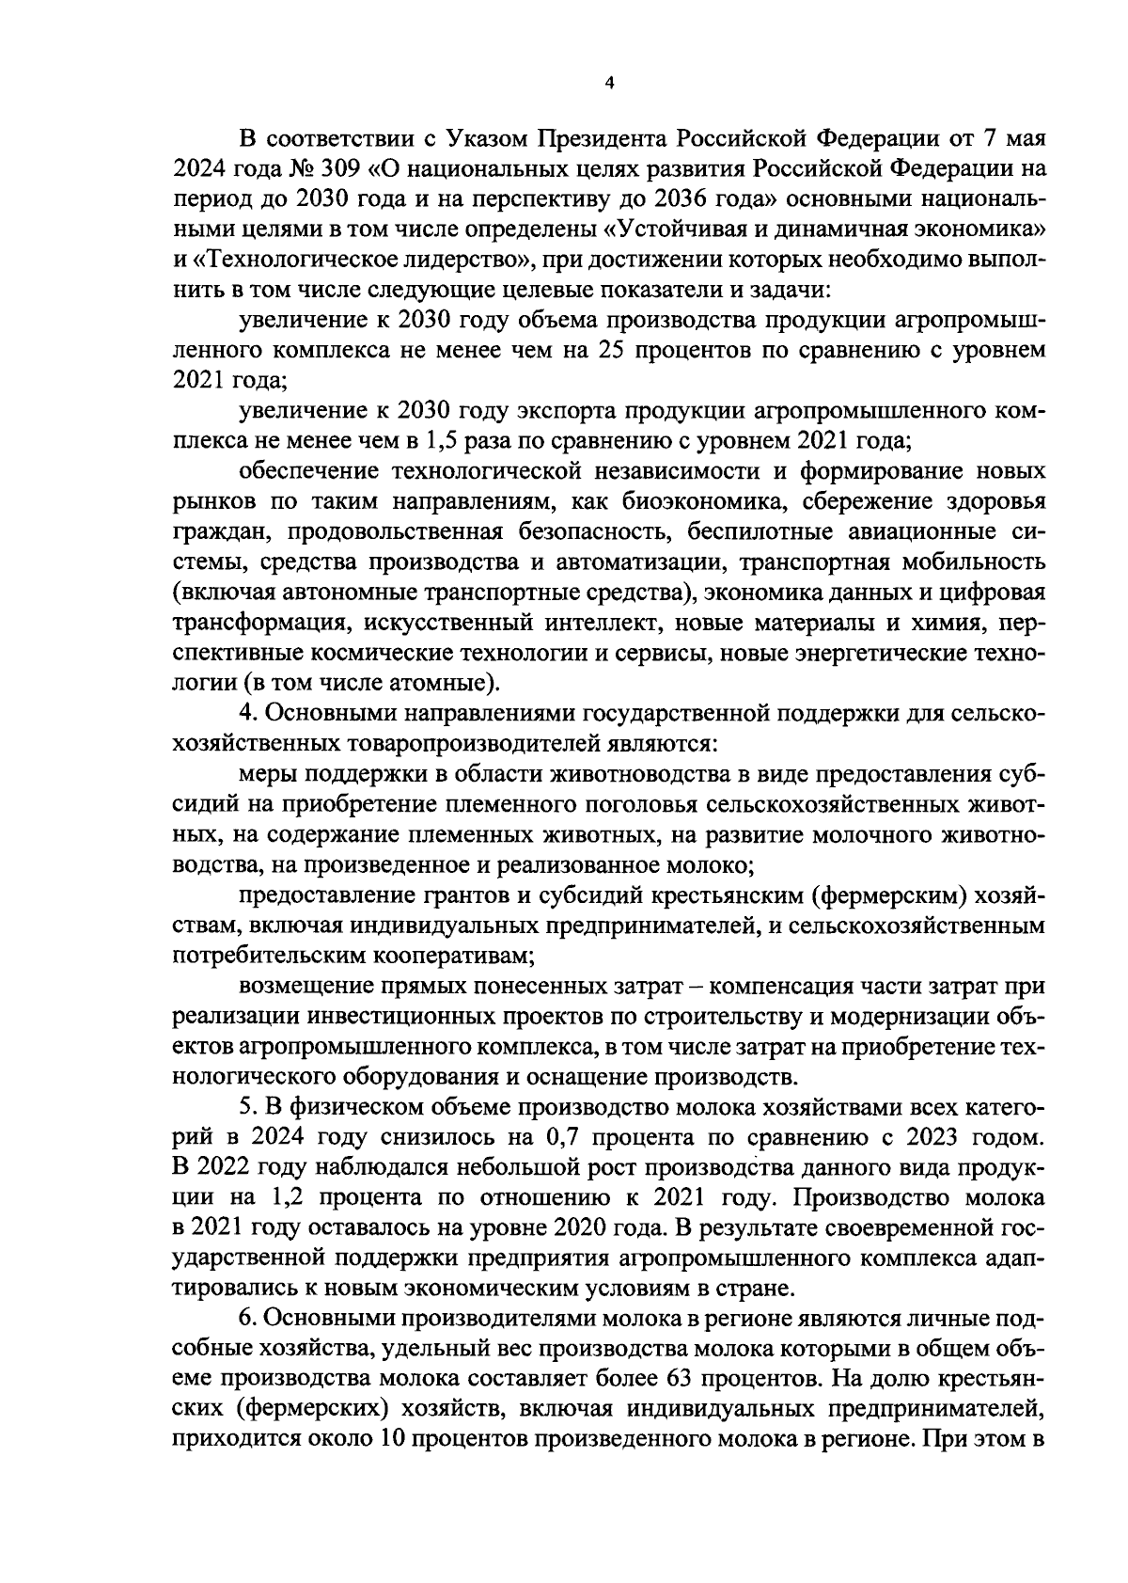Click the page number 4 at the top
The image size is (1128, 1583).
[x=608, y=84]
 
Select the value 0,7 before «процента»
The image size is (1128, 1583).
[x=560, y=1137]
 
